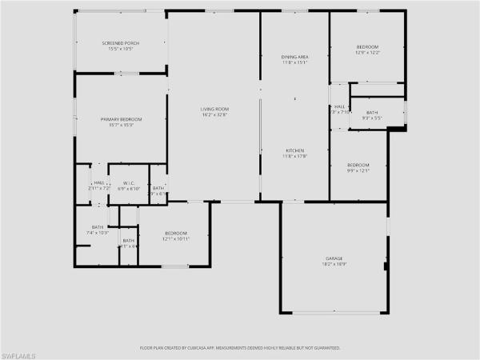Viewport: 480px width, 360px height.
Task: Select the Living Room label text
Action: click(x=214, y=109)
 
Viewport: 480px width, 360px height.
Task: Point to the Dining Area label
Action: click(x=294, y=57)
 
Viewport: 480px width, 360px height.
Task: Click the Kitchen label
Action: click(x=294, y=150)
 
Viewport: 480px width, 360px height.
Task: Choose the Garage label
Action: click(x=334, y=258)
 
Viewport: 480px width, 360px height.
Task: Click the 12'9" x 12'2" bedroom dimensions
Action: click(x=367, y=53)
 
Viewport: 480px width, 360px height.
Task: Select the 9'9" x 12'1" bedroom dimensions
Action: click(x=358, y=170)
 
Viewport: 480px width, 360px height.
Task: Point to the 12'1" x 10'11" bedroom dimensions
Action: click(x=175, y=238)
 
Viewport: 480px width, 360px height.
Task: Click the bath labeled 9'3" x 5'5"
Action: click(x=372, y=118)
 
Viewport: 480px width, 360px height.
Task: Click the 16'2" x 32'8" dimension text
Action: click(x=214, y=115)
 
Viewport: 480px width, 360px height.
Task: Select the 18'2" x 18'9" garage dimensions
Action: click(x=334, y=264)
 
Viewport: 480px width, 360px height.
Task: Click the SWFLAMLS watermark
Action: click(x=22, y=353)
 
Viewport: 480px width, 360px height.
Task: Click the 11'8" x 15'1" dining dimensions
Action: click(x=294, y=63)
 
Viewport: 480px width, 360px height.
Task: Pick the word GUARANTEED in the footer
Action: click(x=325, y=348)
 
